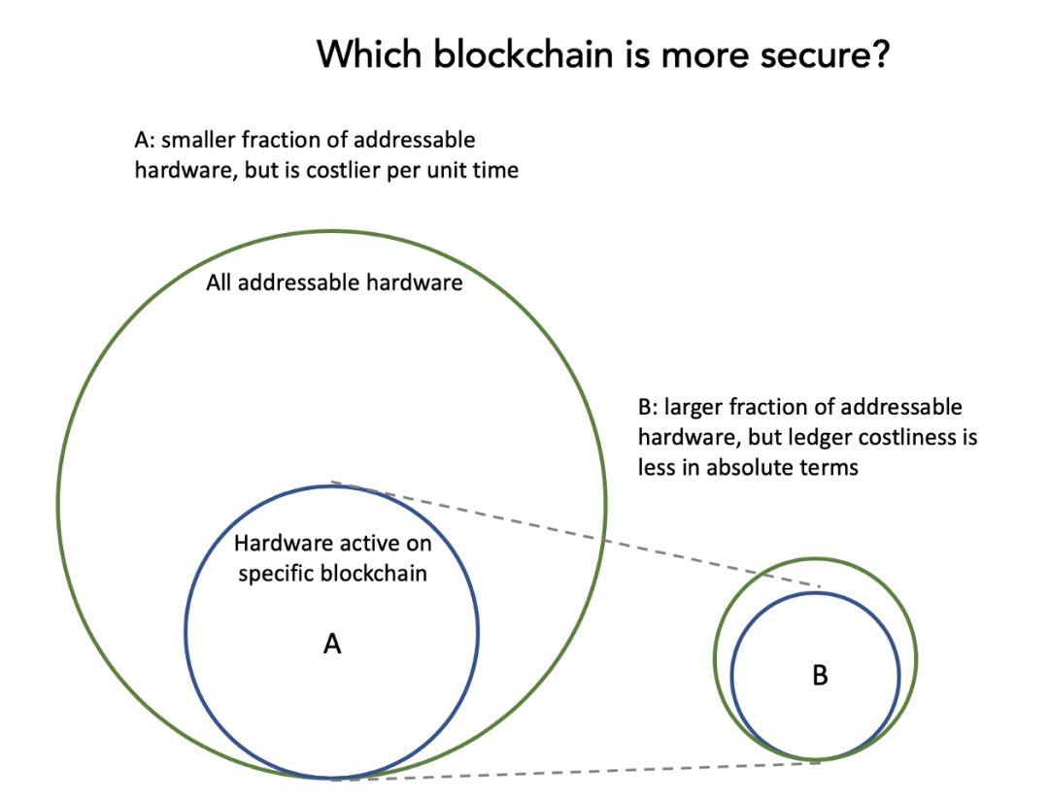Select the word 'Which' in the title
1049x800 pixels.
pyautogui.click(x=370, y=54)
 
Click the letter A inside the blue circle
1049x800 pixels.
pyautogui.click(x=332, y=644)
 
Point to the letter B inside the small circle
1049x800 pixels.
pyautogui.click(x=820, y=676)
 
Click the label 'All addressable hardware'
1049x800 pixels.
pyautogui.click(x=334, y=284)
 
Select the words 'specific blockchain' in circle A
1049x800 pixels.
pyautogui.click(x=332, y=573)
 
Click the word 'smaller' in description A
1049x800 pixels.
pyautogui.click(x=196, y=141)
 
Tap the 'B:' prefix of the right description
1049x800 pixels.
pyautogui.click(x=648, y=407)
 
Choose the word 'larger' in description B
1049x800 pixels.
pyautogui.click(x=695, y=407)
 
